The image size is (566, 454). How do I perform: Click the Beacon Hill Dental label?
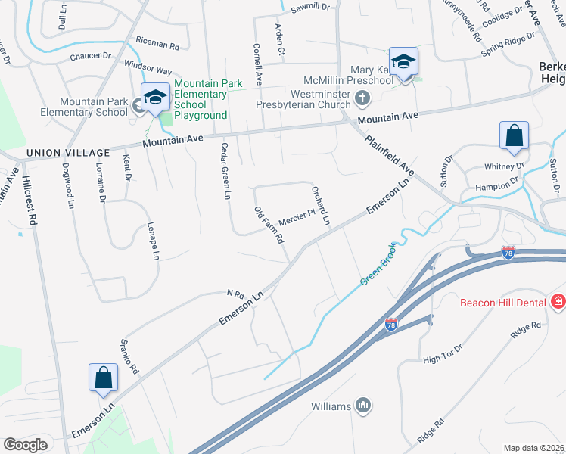(x=505, y=303)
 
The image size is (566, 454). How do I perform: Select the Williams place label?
(x=331, y=406)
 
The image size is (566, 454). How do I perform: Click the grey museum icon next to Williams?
(x=363, y=406)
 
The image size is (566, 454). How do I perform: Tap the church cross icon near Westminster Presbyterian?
(x=363, y=97)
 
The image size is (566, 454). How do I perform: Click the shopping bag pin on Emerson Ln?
(x=103, y=378)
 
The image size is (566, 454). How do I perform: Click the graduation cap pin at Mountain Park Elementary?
(x=156, y=98)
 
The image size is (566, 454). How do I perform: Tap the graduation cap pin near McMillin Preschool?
(x=403, y=62)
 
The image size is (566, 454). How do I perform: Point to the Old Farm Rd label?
(x=269, y=225)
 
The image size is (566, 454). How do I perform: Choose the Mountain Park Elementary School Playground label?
(x=201, y=99)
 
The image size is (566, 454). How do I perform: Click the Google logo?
(x=26, y=445)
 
